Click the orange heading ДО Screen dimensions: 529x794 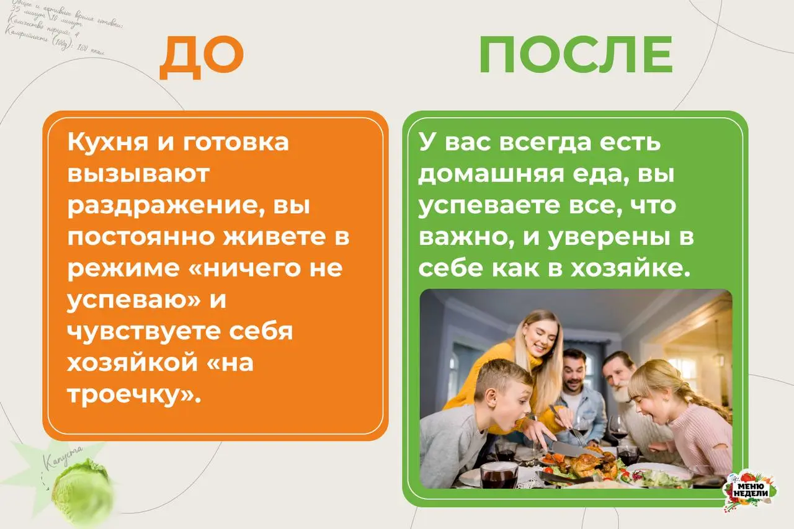pyautogui.click(x=202, y=57)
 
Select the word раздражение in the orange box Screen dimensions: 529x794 pyautogui.click(x=161, y=206)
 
